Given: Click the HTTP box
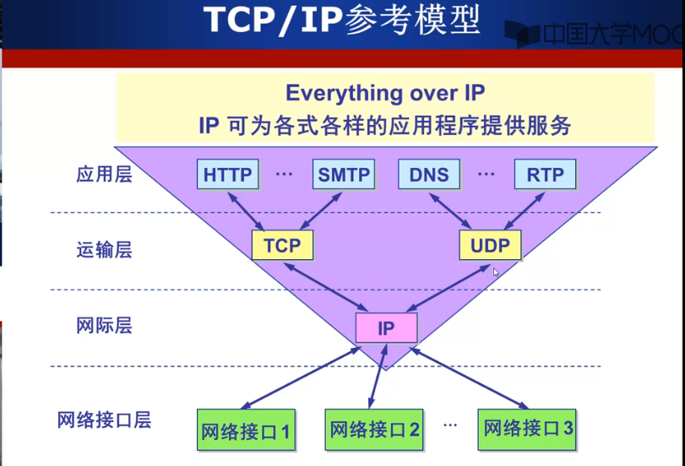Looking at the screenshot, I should click(228, 175).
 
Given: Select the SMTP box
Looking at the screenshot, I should click(344, 175).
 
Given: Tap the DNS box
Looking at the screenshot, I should click(429, 175).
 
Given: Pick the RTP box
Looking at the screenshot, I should click(545, 175).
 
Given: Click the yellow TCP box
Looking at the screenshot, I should click(282, 245).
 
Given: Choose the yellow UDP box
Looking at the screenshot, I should click(490, 245).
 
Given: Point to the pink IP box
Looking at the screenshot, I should click(386, 328).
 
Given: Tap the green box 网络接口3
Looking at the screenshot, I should click(529, 428).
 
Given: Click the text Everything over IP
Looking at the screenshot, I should click(385, 93).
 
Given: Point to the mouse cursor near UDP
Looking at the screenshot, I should click(497, 273).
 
